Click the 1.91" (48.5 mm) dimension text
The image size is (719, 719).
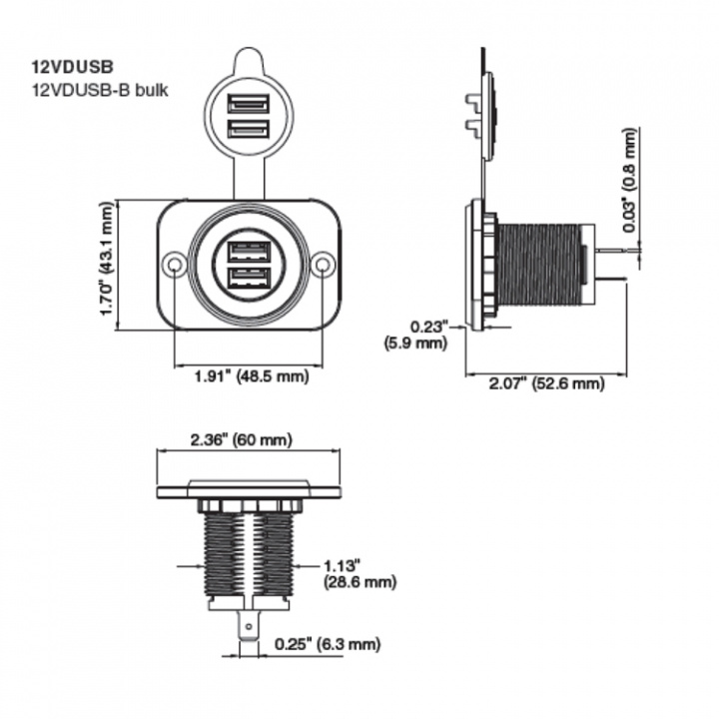click(250, 377)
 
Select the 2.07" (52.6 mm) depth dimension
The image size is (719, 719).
click(547, 383)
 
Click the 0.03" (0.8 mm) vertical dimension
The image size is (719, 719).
click(628, 181)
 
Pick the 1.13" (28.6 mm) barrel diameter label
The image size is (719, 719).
click(359, 573)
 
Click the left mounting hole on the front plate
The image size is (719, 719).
click(176, 265)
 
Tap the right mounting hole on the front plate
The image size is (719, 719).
click(322, 265)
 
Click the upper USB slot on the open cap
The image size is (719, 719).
click(249, 103)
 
